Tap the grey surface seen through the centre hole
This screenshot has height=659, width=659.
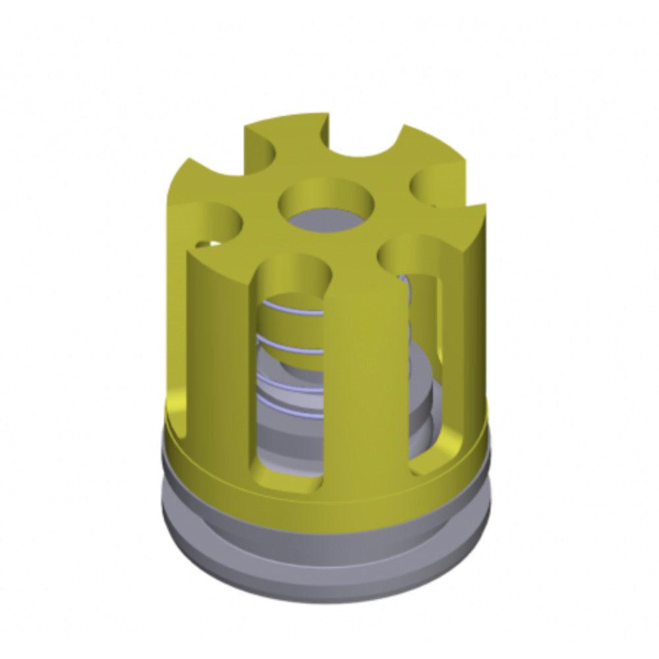[327, 219]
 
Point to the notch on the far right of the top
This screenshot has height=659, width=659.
[438, 186]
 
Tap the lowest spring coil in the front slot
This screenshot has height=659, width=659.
[290, 382]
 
